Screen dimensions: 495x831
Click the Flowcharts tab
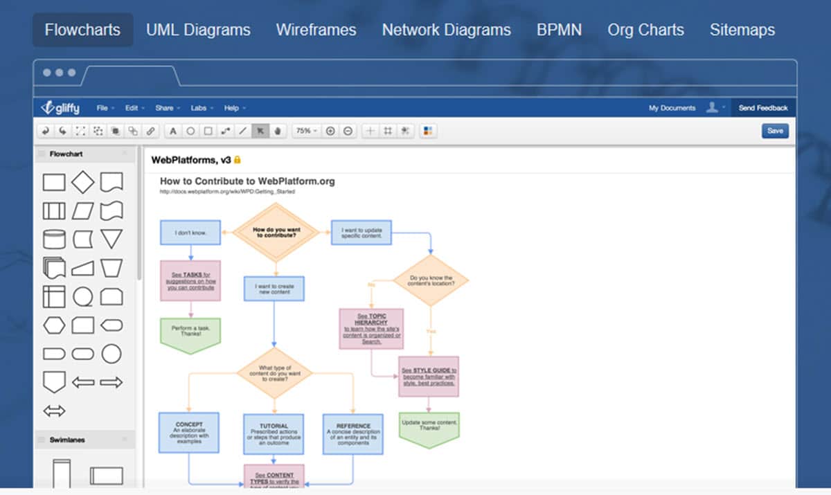[x=82, y=30]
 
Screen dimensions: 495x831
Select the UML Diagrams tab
[x=198, y=30]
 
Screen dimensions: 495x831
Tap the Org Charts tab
[x=645, y=30]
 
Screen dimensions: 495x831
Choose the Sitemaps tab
[x=742, y=30]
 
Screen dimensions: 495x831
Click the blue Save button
[x=775, y=131]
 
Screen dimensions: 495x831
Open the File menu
[x=103, y=108]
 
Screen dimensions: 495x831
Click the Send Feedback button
[x=762, y=108]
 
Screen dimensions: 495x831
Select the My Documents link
[x=672, y=108]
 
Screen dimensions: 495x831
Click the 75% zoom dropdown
[x=306, y=131]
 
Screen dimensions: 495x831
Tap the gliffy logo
[x=60, y=107]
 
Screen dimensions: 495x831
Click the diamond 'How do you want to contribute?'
[x=275, y=233]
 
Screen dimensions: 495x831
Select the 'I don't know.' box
[x=190, y=233]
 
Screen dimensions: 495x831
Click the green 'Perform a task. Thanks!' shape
[x=190, y=334]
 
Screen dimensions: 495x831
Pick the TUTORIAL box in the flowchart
[x=274, y=434]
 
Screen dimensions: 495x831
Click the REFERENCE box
[x=352, y=434]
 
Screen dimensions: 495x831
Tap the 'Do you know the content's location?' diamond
[x=431, y=281]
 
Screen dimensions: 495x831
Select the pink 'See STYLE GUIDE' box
[x=429, y=377]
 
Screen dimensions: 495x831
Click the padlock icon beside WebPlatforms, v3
[x=238, y=160]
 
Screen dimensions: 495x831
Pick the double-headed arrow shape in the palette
[x=54, y=411]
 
